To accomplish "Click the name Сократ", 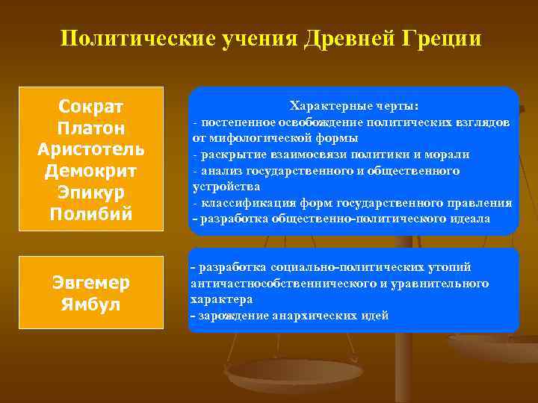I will coord(90,107).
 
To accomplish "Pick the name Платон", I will coord(90,128).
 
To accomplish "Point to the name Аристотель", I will coord(90,149).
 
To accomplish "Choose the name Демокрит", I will coord(90,171).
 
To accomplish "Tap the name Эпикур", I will coord(90,193).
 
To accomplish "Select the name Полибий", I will coord(90,214).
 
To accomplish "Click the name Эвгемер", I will coord(91,282).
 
